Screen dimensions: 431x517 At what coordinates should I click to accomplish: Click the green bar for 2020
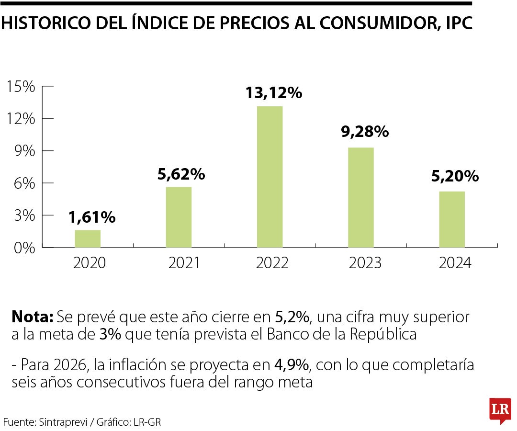pos(88,238)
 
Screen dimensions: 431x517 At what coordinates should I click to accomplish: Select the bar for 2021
pos(179,217)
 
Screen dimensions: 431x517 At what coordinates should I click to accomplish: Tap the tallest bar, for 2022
pos(270,177)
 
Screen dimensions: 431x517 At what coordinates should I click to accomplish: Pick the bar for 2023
pos(360,197)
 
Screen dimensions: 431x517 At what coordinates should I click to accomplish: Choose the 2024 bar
pos(452,219)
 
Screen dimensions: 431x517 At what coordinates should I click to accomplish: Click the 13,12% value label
pos(274,92)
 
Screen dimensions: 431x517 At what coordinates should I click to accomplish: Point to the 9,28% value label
pos(365,132)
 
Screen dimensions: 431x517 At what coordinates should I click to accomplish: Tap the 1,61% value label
pos(92,217)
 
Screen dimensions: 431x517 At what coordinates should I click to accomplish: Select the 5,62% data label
pos(181,174)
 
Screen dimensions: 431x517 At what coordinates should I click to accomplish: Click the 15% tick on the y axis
pos(21,87)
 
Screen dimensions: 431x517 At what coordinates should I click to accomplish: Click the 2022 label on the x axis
pos(272,263)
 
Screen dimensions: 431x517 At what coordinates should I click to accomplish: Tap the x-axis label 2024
pos(454,263)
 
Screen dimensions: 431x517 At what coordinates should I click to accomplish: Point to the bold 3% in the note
pos(110,334)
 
